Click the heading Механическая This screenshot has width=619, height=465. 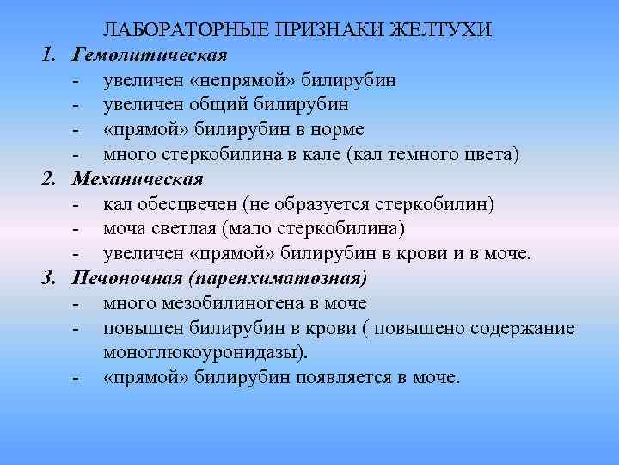coord(138,180)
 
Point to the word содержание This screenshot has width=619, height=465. coord(526,329)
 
